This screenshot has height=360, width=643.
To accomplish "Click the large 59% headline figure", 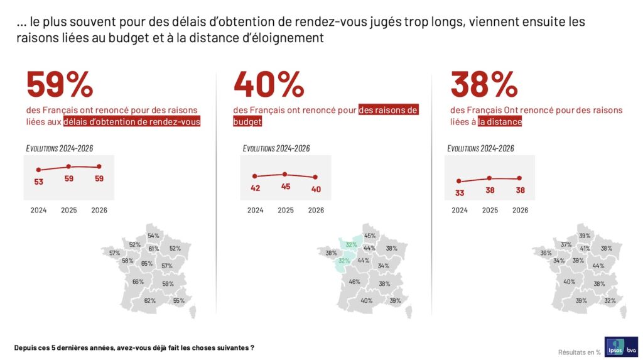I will pos(60,84).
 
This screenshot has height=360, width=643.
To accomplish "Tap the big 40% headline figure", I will pos(268,84).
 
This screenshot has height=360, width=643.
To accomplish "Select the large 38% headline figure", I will pos(484,84).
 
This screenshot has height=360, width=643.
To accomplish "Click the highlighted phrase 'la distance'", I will pos(500,122).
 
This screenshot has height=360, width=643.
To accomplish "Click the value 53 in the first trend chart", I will pos(38,182).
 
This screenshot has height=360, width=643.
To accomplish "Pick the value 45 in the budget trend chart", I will pos(285,186).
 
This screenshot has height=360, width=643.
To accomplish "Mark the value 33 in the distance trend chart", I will pos(459,193).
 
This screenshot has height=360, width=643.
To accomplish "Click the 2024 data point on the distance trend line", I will pos(459,181).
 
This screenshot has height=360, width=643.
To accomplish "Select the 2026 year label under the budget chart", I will pos(316,210).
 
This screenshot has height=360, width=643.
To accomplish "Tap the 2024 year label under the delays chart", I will pos(38,210).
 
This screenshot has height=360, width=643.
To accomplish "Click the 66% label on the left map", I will pos(138,281).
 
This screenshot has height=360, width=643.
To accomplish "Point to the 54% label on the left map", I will pos(153,236).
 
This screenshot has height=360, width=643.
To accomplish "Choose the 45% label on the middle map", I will pos(370,236).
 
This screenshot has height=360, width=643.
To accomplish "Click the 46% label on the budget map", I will pos(354,281).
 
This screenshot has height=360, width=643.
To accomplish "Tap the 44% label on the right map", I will pos(598,266).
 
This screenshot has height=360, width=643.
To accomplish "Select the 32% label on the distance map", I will pos(610,300).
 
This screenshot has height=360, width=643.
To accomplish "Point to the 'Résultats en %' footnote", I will pos(579,352).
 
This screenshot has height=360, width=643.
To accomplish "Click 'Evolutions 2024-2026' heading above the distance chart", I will pos(480,148).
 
